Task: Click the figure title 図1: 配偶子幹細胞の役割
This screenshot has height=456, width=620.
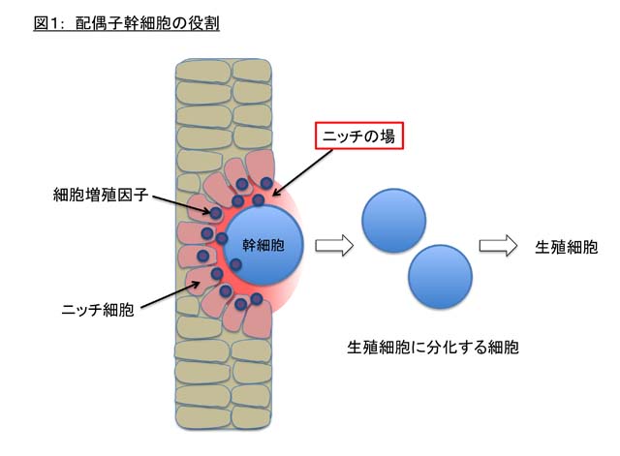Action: pos(126,22)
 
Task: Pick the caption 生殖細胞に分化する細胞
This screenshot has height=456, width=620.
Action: pos(433,346)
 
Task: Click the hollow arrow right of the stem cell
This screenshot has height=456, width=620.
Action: pos(331,246)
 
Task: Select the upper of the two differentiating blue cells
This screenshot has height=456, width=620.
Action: pos(393,219)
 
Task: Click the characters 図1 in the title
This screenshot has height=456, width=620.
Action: pos(46,22)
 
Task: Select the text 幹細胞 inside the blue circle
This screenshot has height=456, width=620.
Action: pos(263,246)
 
